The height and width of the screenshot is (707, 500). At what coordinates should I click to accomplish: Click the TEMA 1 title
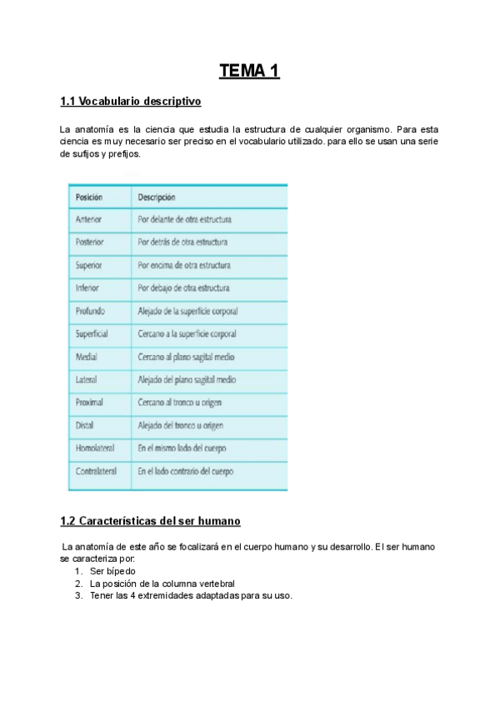[249, 71]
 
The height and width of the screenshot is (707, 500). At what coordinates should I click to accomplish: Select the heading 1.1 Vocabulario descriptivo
[131, 102]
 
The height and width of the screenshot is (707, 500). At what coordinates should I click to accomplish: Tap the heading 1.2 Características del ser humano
[150, 521]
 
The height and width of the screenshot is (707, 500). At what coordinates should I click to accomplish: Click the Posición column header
[88, 198]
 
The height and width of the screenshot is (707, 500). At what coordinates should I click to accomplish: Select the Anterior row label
[88, 220]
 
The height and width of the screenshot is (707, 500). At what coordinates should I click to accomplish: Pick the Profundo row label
[90, 311]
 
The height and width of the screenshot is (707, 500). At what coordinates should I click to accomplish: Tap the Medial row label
[87, 357]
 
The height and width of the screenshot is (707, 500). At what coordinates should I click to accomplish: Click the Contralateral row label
[96, 471]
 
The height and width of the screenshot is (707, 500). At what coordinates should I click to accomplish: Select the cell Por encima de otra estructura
[184, 265]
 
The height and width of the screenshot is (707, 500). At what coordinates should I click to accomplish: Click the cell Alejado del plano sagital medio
[187, 379]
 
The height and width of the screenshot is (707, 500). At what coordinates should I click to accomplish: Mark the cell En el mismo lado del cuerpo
[182, 449]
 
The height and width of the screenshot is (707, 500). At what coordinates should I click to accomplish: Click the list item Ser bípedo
[112, 571]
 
